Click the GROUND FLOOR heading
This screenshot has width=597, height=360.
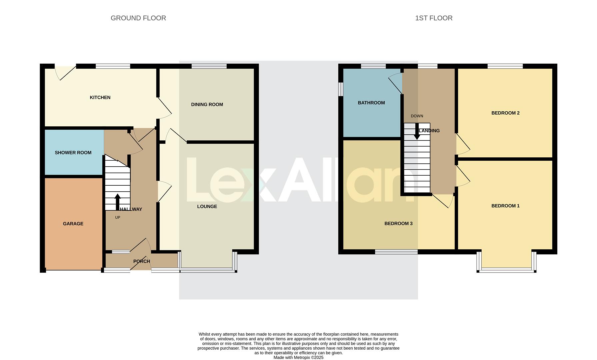pyautogui.click(x=138, y=18)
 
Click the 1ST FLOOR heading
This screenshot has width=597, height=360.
pyautogui.click(x=434, y=18)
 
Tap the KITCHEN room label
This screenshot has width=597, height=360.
pyautogui.click(x=100, y=97)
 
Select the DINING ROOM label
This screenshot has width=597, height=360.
pyautogui.click(x=207, y=104)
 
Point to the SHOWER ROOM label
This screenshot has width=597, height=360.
pyautogui.click(x=73, y=153)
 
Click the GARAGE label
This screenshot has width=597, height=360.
pyautogui.click(x=73, y=224)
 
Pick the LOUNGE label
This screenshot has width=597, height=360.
pyautogui.click(x=207, y=206)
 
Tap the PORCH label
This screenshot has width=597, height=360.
pyautogui.click(x=142, y=261)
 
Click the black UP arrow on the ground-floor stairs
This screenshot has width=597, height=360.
pyautogui.click(x=118, y=202)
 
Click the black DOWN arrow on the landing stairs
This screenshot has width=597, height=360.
pyautogui.click(x=417, y=132)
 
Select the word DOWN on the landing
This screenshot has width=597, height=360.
pyautogui.click(x=417, y=116)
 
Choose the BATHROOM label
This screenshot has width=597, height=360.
pyautogui.click(x=371, y=103)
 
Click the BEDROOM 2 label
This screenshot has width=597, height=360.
pyautogui.click(x=505, y=113)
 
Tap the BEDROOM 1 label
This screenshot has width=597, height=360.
pyautogui.click(x=505, y=206)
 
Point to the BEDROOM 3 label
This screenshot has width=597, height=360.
pyautogui.click(x=398, y=223)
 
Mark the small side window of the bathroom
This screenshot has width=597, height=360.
pyautogui.click(x=341, y=89)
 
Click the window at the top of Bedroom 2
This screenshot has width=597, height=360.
pyautogui.click(x=505, y=66)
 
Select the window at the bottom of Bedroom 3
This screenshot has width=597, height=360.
pyautogui.click(x=396, y=252)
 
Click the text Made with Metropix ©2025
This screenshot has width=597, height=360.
pyautogui.click(x=298, y=357)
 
